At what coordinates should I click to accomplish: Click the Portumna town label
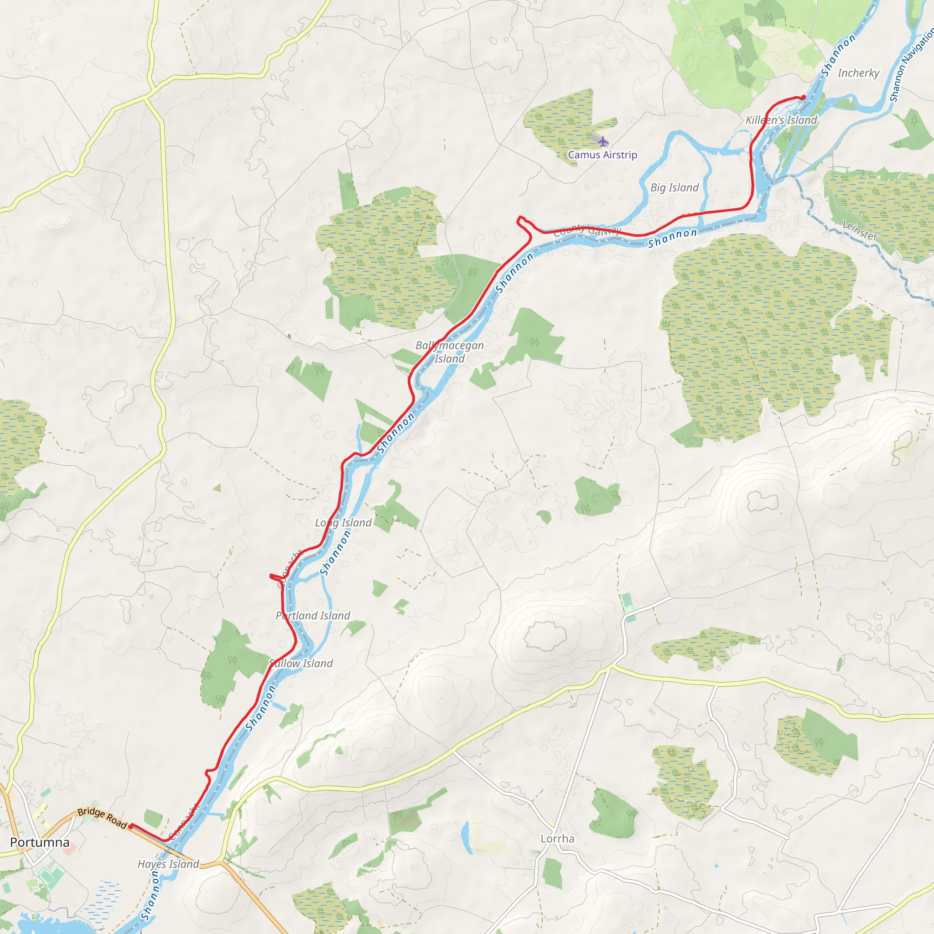click(x=40, y=843)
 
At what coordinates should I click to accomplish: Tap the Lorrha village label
click(x=557, y=839)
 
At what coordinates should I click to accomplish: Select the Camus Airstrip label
click(x=602, y=155)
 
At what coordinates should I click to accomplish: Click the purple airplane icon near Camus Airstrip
click(x=603, y=142)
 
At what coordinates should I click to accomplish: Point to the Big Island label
click(x=675, y=187)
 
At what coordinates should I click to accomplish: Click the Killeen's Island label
click(x=781, y=120)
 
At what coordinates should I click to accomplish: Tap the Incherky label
click(x=858, y=73)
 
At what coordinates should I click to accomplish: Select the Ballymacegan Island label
click(x=450, y=352)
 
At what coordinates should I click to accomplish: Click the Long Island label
click(x=343, y=523)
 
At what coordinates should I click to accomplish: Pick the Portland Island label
click(x=313, y=615)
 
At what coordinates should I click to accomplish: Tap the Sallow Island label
click(x=301, y=663)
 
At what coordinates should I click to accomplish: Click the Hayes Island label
click(x=168, y=864)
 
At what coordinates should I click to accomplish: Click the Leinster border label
click(x=860, y=231)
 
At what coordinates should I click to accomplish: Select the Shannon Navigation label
click(x=912, y=65)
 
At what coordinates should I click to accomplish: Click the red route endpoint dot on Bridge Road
click(x=130, y=827)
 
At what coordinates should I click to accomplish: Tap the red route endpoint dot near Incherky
click(x=804, y=98)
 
